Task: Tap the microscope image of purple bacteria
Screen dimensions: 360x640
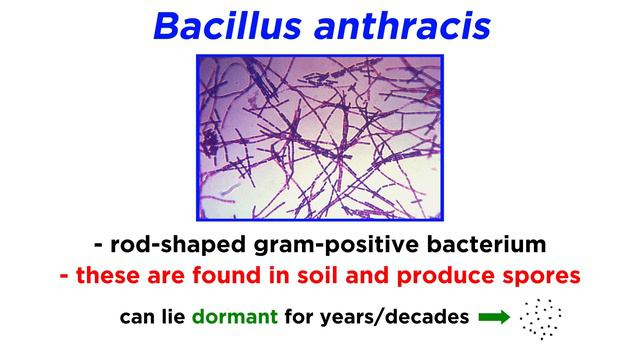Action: (320, 136)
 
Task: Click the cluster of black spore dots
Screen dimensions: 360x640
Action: (541, 318)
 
